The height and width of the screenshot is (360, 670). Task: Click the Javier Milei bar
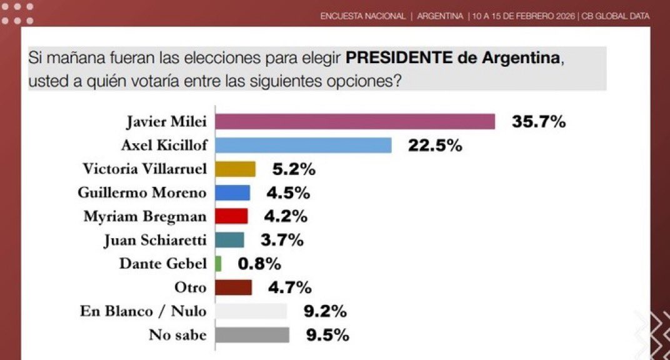(354, 121)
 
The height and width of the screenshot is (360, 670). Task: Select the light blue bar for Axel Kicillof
(303, 145)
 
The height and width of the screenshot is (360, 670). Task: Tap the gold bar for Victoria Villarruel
(235, 169)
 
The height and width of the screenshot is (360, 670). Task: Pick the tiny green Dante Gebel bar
(218, 264)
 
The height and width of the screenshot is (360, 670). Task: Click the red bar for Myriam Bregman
(231, 216)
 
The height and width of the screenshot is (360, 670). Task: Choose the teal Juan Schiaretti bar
(229, 240)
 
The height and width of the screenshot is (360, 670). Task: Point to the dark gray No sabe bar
(252, 335)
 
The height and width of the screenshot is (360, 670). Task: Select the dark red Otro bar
(233, 287)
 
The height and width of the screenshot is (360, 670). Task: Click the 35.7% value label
(539, 122)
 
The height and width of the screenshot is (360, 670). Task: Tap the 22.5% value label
(435, 146)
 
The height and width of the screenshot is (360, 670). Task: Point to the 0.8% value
(259, 264)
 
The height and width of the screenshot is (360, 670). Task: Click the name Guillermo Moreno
(142, 192)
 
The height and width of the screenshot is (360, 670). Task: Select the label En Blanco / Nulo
(143, 311)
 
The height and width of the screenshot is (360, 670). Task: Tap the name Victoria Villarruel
(144, 169)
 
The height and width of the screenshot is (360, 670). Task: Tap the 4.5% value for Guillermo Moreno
(289, 192)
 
